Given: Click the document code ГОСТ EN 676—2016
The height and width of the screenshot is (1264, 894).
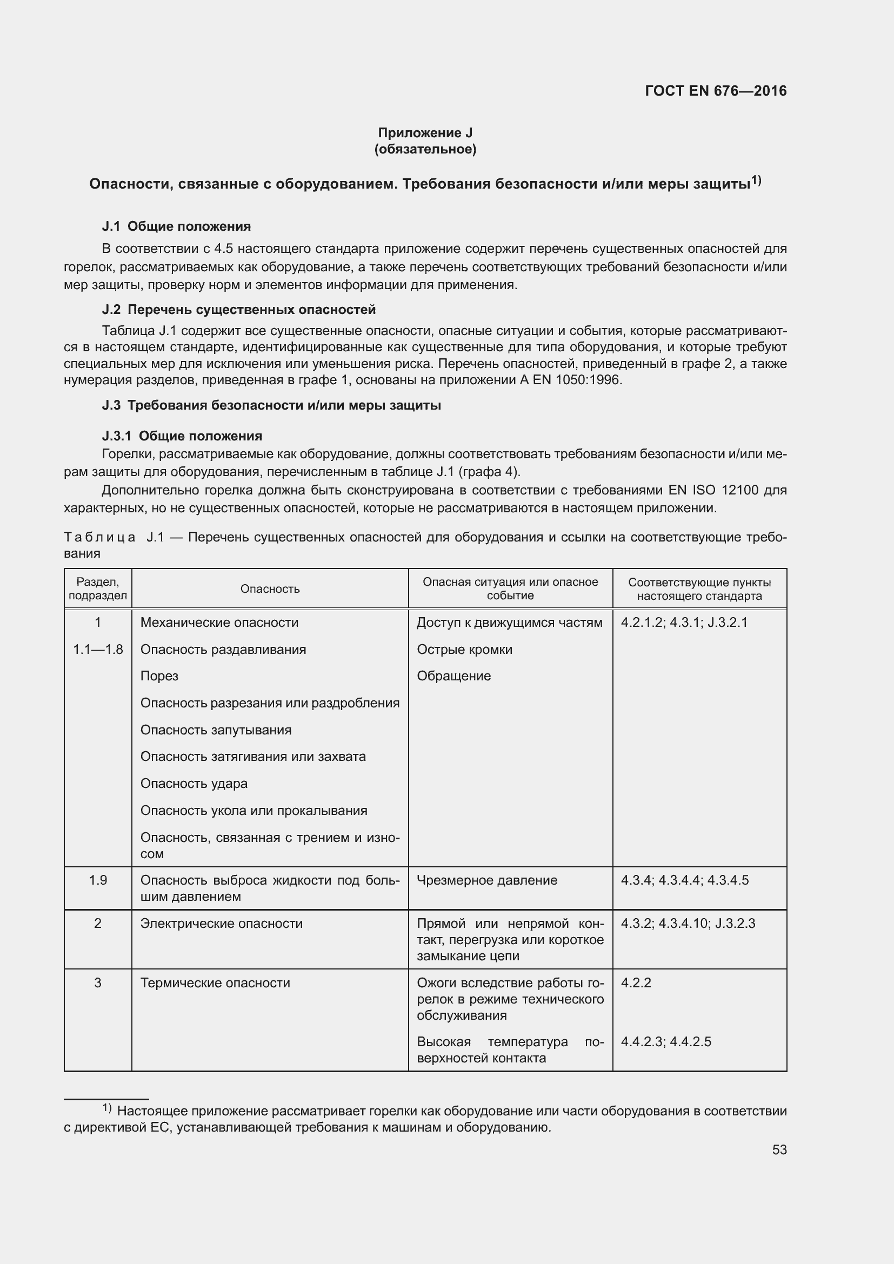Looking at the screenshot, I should [715, 91].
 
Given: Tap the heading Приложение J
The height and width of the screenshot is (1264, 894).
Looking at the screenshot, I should [425, 133].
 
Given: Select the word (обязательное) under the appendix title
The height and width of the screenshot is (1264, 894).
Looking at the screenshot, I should [425, 149].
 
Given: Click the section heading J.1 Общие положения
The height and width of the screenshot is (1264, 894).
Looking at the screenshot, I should [176, 226].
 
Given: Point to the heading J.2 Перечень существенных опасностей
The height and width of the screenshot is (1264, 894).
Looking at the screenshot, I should [238, 310].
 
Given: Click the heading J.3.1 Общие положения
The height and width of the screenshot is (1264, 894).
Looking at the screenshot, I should [182, 436].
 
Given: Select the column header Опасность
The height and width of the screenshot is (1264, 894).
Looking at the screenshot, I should [270, 589].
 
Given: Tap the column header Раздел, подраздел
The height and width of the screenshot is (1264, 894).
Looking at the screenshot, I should [98, 588].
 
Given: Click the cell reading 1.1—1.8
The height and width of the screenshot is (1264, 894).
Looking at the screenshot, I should [98, 650].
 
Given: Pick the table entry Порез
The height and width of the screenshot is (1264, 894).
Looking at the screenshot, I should [159, 676].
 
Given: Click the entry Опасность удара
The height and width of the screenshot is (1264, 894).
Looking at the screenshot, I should [194, 784].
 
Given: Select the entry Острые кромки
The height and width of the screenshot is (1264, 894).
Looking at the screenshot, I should [464, 650].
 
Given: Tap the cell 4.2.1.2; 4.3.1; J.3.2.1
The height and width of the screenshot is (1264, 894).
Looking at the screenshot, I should [684, 623].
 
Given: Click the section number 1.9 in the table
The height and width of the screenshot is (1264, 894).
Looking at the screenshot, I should [98, 880].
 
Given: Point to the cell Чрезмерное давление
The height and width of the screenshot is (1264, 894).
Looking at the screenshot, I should [486, 880].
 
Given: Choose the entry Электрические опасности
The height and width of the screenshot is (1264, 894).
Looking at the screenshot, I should [221, 923].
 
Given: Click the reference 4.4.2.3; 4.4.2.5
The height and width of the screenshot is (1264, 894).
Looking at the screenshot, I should [665, 1041].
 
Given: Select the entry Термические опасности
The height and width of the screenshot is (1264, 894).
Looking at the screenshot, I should [215, 982].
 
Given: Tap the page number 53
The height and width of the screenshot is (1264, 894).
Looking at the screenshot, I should [779, 1149].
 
